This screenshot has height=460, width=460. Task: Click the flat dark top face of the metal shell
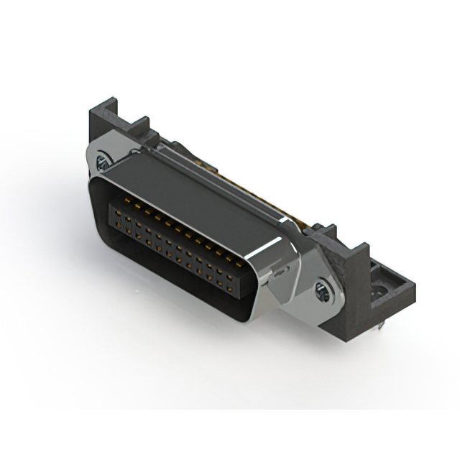pos(194,194)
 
